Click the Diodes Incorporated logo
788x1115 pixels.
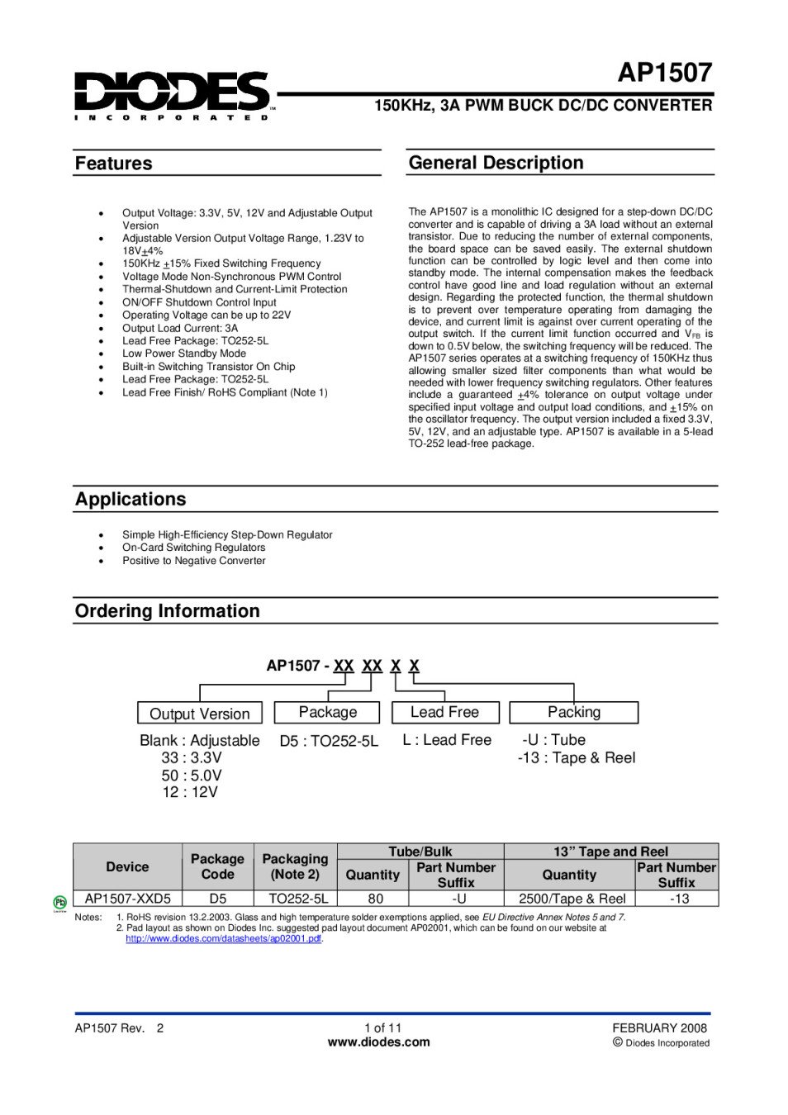(x=172, y=94)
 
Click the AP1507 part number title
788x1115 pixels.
(x=664, y=74)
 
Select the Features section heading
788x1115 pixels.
(x=114, y=164)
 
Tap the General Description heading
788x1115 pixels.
(x=496, y=163)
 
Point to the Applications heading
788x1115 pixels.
(x=131, y=499)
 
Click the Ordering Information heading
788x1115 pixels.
(x=167, y=611)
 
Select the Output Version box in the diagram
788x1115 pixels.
(x=199, y=714)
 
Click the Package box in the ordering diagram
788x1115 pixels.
(x=327, y=712)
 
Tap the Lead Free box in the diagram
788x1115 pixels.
(x=444, y=712)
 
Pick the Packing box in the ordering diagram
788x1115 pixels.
(x=574, y=712)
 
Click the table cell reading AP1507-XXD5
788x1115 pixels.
(x=127, y=899)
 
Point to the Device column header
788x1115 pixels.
(x=127, y=866)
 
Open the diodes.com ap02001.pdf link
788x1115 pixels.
(x=223, y=939)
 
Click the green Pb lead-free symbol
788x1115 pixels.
(x=59, y=903)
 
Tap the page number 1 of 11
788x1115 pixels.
(x=382, y=1028)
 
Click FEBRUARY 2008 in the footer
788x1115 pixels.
(x=659, y=1028)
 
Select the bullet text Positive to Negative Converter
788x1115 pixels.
(x=193, y=561)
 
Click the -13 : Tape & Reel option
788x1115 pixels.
(x=577, y=758)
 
